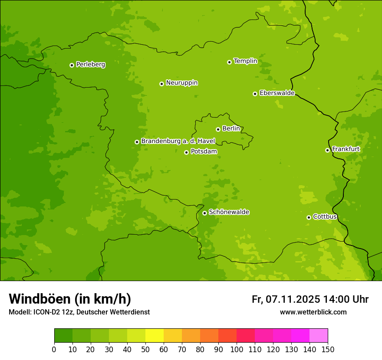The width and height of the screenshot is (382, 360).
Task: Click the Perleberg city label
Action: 90,65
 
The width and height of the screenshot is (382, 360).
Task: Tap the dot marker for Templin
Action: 229,62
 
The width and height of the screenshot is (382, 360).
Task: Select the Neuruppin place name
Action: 181,83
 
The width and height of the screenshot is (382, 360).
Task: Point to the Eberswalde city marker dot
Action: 255,94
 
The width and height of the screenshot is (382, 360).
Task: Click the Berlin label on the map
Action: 231,129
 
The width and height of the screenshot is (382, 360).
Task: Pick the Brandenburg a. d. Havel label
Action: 178,141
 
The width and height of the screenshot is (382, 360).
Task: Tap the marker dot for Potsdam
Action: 186,152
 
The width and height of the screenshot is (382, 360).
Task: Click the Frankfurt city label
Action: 346,149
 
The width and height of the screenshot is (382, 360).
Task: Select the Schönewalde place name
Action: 229,212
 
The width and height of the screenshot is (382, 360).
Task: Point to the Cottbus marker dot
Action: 309,217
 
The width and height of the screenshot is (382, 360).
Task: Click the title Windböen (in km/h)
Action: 70,299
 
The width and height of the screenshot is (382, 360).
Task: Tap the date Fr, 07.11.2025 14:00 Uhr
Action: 310,299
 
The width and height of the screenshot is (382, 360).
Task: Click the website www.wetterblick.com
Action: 313,312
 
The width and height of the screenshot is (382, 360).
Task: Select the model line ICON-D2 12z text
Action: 79,312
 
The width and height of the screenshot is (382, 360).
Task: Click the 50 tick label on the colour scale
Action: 145,349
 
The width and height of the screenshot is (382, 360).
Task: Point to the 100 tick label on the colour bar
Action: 237,349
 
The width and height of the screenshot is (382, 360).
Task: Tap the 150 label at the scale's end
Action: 328,349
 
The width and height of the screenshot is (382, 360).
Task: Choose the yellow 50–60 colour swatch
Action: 155,336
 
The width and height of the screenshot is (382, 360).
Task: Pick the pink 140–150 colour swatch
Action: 319,336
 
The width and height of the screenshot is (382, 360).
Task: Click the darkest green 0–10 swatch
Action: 63,336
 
